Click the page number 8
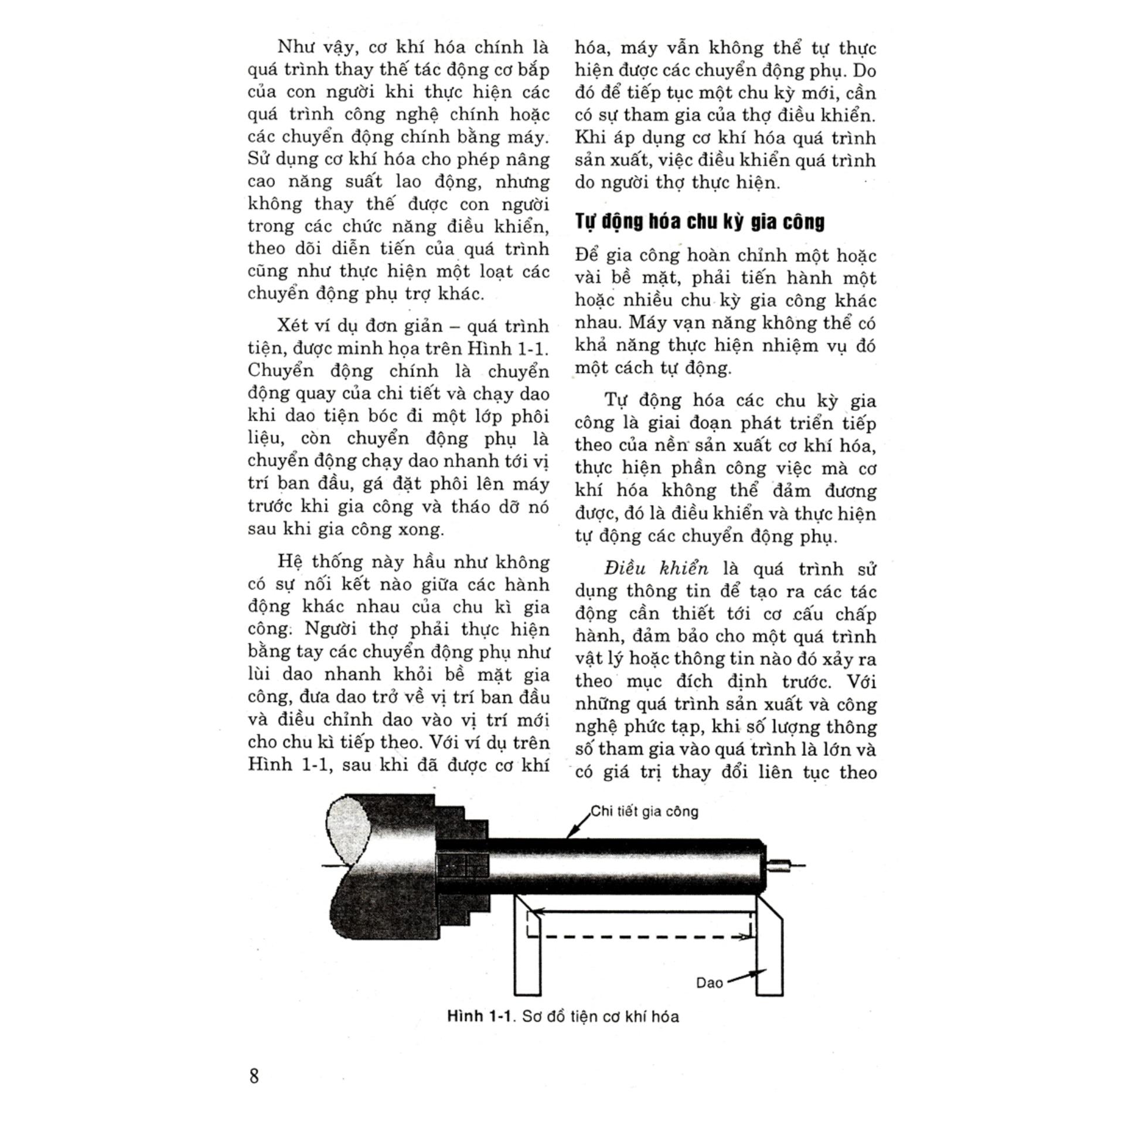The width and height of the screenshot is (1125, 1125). [x=254, y=1076]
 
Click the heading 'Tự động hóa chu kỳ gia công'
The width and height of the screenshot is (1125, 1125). [x=699, y=221]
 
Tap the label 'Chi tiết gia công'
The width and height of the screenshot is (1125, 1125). [x=645, y=812]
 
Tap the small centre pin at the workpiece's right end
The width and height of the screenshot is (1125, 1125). [x=780, y=864]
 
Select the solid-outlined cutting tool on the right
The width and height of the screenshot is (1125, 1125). [x=769, y=943]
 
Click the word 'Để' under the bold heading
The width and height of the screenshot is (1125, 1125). [x=587, y=255]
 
